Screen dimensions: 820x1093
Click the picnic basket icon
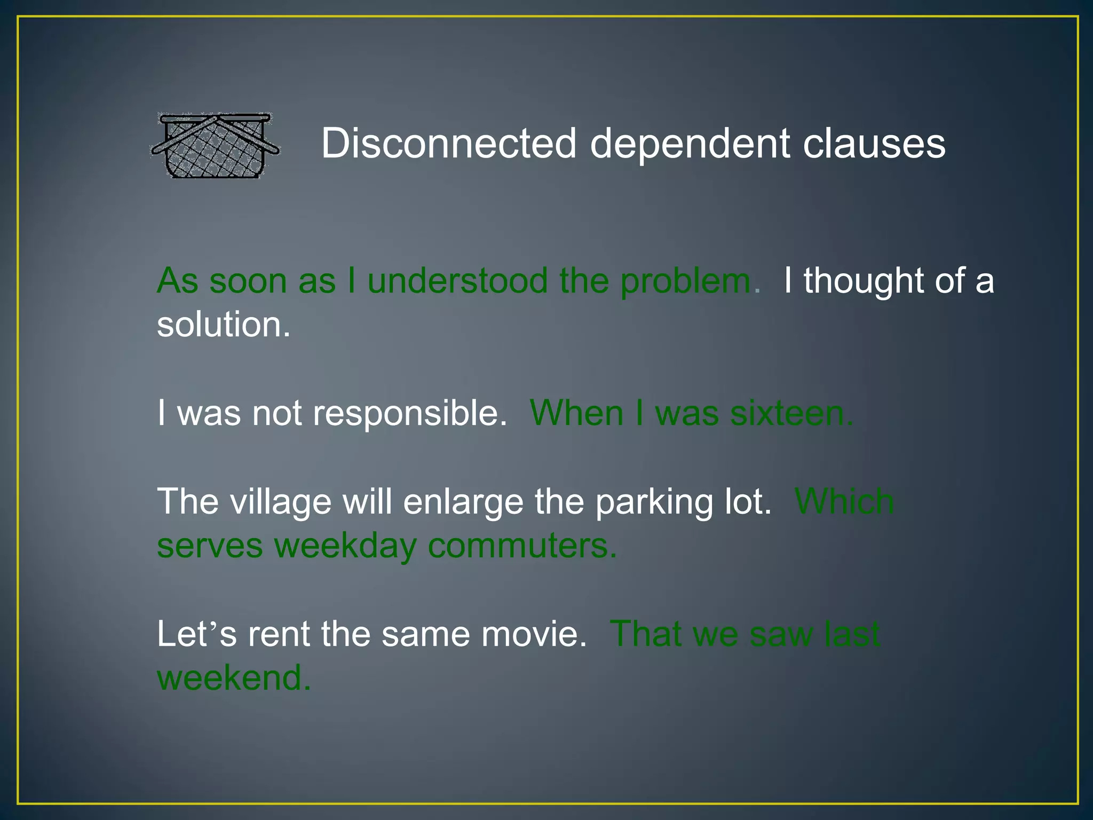pyautogui.click(x=215, y=145)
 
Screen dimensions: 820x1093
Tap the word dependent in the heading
pyautogui.click(x=690, y=144)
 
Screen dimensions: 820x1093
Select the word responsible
pyautogui.click(x=409, y=414)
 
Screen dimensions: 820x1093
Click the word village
pyautogui.click(x=281, y=502)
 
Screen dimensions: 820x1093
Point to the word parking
pyautogui.click(x=654, y=502)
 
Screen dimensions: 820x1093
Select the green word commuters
pyautogui.click(x=522, y=546)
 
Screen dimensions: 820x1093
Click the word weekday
pyautogui.click(x=345, y=546)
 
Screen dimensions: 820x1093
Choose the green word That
pyautogui.click(x=645, y=634)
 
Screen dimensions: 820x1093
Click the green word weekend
pyautogui.click(x=233, y=677)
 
